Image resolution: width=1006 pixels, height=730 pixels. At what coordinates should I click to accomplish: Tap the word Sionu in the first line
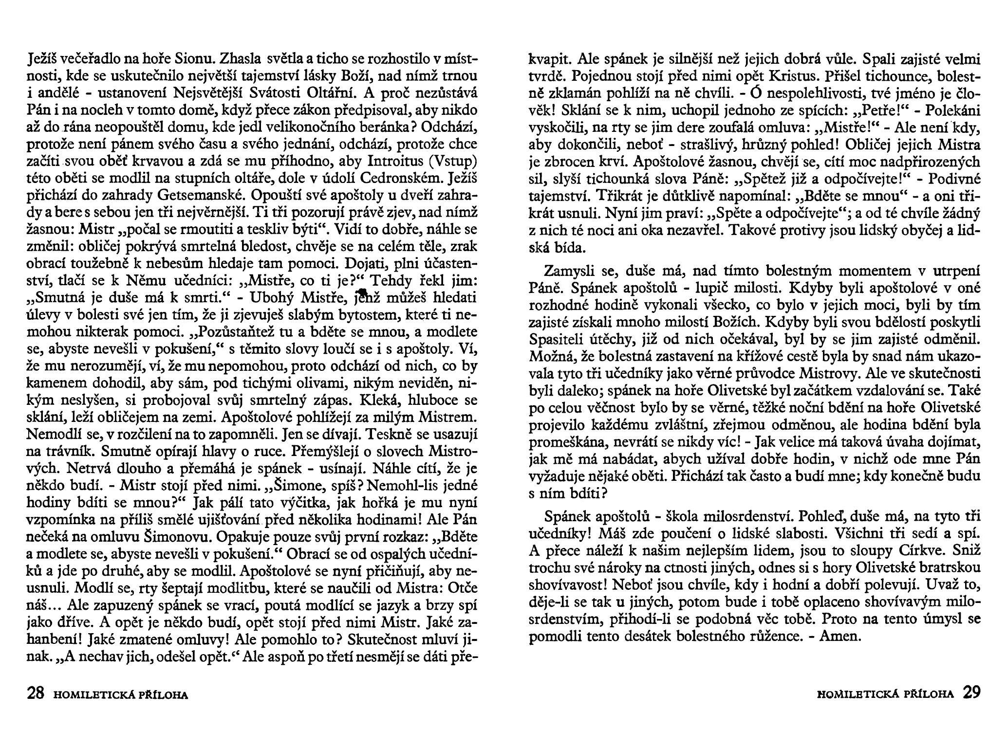pos(196,60)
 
